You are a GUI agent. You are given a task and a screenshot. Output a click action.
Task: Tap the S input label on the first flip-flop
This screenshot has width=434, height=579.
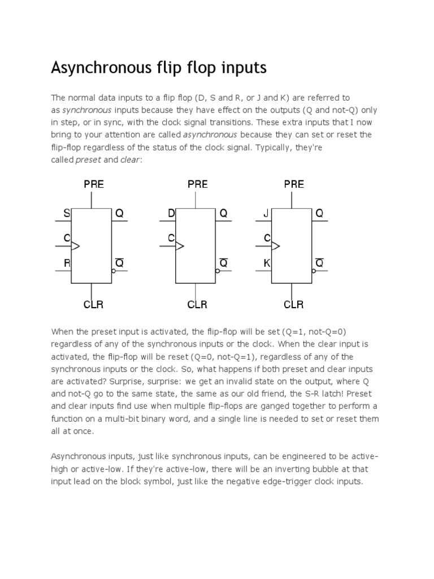point(67,213)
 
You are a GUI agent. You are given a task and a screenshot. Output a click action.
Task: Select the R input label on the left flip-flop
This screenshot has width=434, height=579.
point(67,263)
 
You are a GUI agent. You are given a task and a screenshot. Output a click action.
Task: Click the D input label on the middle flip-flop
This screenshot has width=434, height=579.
point(171,213)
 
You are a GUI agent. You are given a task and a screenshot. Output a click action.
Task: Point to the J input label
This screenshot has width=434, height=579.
point(267,213)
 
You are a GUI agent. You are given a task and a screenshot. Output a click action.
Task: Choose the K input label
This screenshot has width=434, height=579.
point(267,263)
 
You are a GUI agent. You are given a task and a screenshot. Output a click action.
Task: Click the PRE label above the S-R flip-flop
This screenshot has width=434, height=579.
point(94,184)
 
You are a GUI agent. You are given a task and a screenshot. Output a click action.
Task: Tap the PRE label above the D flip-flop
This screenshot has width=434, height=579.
point(197,184)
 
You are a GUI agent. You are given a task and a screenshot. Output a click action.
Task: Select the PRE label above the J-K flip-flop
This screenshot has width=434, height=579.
point(294,184)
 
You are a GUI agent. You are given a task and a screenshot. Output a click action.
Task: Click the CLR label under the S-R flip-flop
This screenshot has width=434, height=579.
point(93,305)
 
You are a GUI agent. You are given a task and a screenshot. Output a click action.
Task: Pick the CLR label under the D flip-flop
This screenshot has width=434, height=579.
point(197,305)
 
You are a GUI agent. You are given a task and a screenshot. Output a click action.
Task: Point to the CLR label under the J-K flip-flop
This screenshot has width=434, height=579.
point(294,305)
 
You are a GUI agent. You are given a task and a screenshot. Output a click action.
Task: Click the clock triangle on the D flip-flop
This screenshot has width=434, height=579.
point(180,246)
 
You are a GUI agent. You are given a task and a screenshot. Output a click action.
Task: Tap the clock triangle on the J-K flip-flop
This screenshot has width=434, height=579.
point(276,246)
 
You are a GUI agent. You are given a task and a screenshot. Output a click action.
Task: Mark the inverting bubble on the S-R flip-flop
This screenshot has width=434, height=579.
point(113,271)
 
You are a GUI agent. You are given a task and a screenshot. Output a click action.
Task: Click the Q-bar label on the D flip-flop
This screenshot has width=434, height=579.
point(223,263)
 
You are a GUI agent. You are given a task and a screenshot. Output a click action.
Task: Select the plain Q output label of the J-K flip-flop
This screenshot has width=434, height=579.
point(319,213)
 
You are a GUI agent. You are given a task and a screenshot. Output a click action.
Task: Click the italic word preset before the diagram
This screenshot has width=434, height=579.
point(88,159)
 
